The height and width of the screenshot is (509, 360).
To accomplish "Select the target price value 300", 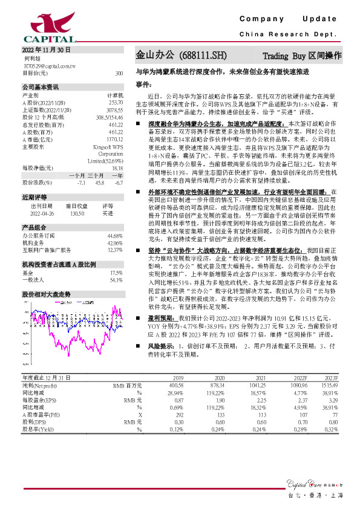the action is coord(119,73).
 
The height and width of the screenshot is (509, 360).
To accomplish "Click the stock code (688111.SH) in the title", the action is coord(203,55).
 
